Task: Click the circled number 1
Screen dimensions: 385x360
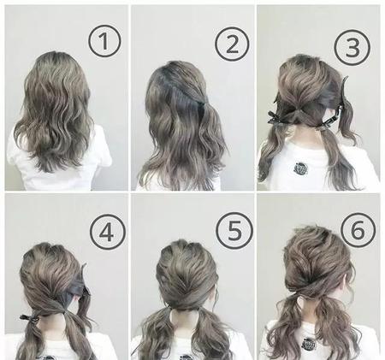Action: pos(104,41)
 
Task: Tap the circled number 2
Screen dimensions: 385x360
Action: pos(232,44)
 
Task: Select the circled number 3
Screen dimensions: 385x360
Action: pos(352,47)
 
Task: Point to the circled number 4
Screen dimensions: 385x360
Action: pos(107,233)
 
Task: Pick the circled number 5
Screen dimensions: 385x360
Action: pos(234,230)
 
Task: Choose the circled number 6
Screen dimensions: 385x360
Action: pos(358,230)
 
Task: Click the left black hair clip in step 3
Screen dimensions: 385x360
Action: pos(276,118)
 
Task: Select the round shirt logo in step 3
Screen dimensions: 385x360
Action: pos(300,168)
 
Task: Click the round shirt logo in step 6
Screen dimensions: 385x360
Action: pos(309,344)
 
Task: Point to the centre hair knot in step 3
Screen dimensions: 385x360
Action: pos(298,112)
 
